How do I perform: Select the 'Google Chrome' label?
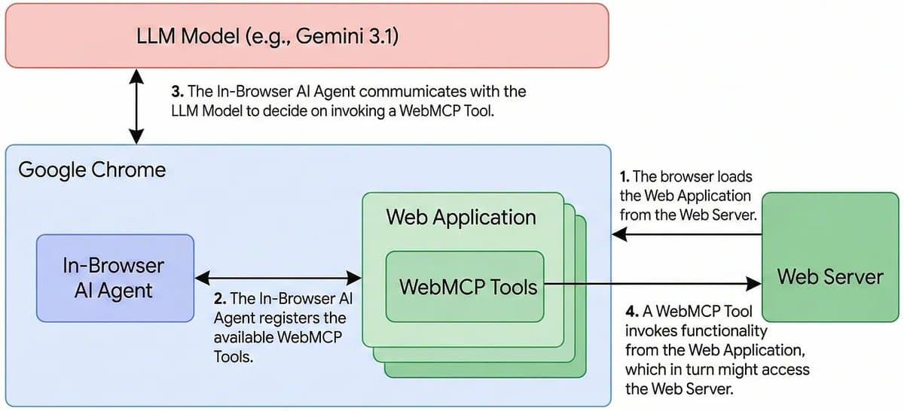[x=91, y=169]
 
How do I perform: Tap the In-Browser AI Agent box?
[x=115, y=277]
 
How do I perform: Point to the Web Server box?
[x=829, y=276]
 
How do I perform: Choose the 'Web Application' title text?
[x=461, y=218]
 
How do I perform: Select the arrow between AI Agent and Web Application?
[x=278, y=277]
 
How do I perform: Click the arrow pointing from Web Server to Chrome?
[x=686, y=234]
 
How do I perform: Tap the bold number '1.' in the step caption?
[x=625, y=177]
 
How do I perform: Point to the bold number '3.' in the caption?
[x=178, y=92]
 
